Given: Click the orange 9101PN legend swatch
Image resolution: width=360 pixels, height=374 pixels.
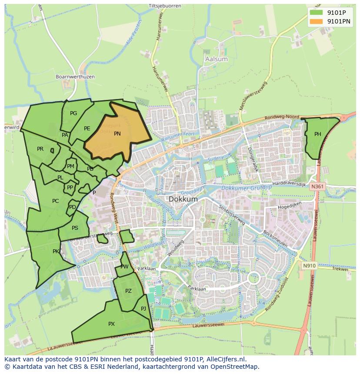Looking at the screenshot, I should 317,21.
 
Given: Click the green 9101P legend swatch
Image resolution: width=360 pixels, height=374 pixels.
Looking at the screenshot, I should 317,13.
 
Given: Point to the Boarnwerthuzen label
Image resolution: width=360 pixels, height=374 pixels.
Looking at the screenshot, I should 75,77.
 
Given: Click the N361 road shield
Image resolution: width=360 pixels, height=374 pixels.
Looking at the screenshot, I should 317,186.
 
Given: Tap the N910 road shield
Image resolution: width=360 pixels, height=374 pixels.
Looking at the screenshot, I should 309,265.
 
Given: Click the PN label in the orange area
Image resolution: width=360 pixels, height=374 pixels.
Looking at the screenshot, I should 117,134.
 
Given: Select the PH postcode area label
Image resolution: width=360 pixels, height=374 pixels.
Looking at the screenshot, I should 318,134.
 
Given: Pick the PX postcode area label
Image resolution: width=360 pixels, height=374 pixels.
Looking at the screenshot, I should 111,324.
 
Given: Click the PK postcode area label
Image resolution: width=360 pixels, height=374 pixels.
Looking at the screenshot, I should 56,251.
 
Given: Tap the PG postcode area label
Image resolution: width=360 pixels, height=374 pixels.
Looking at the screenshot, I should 73,113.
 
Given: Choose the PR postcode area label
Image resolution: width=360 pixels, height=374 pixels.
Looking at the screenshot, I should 40,149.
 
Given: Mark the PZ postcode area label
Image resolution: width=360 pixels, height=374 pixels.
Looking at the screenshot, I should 128,291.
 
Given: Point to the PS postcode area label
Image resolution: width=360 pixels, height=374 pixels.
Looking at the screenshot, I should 75,228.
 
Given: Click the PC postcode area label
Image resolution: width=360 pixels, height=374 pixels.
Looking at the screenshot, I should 55,201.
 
